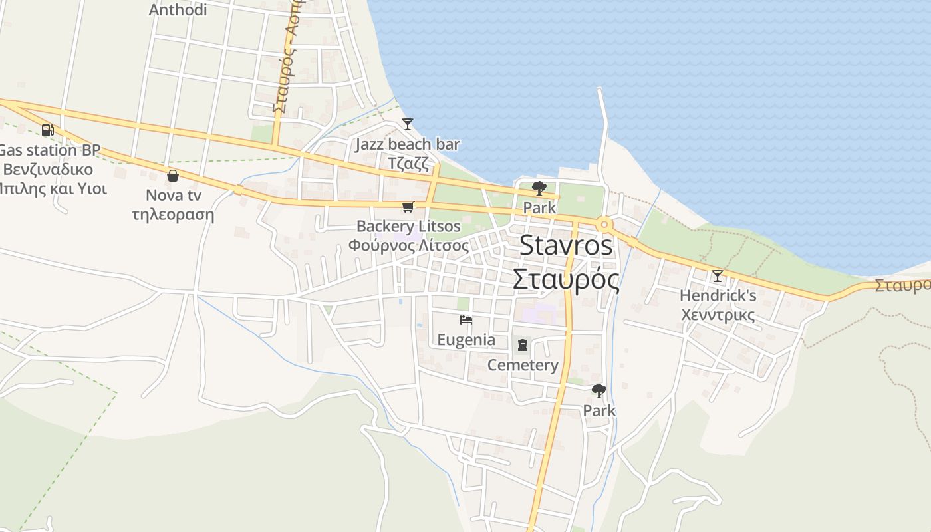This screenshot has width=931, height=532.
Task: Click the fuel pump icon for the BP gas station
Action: pyautogui.click(x=47, y=130)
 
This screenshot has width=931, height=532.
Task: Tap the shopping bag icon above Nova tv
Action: pyautogui.click(x=173, y=176)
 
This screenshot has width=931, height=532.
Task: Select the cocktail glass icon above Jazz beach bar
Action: pyautogui.click(x=408, y=124)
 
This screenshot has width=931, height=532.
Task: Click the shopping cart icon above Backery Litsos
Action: pyautogui.click(x=408, y=207)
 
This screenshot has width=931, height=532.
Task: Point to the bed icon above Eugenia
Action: pyautogui.click(x=466, y=320)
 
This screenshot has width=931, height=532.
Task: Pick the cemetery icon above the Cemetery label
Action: pyautogui.click(x=523, y=345)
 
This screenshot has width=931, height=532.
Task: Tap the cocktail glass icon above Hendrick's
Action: pyautogui.click(x=717, y=275)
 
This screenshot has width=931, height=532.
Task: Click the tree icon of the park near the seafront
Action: pyautogui.click(x=539, y=188)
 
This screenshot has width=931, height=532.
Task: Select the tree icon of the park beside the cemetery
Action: pyautogui.click(x=599, y=391)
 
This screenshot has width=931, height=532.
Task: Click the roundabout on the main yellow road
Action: pyautogui.click(x=604, y=225)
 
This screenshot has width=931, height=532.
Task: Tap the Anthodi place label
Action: pyautogui.click(x=178, y=10)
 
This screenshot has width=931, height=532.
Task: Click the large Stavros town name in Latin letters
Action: pyautogui.click(x=565, y=245)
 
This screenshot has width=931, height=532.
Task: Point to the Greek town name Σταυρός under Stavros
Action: pyautogui.click(x=566, y=279)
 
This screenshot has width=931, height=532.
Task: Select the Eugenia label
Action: pyautogui.click(x=466, y=340)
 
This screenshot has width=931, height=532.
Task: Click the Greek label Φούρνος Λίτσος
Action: pyautogui.click(x=408, y=245)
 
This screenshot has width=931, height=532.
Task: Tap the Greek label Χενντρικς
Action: pyautogui.click(x=718, y=314)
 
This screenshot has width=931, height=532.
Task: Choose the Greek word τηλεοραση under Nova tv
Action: pyautogui.click(x=173, y=214)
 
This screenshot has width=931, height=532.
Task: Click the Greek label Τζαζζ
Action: pyautogui.click(x=408, y=163)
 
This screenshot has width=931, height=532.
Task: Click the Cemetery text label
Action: pyautogui.click(x=523, y=365)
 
